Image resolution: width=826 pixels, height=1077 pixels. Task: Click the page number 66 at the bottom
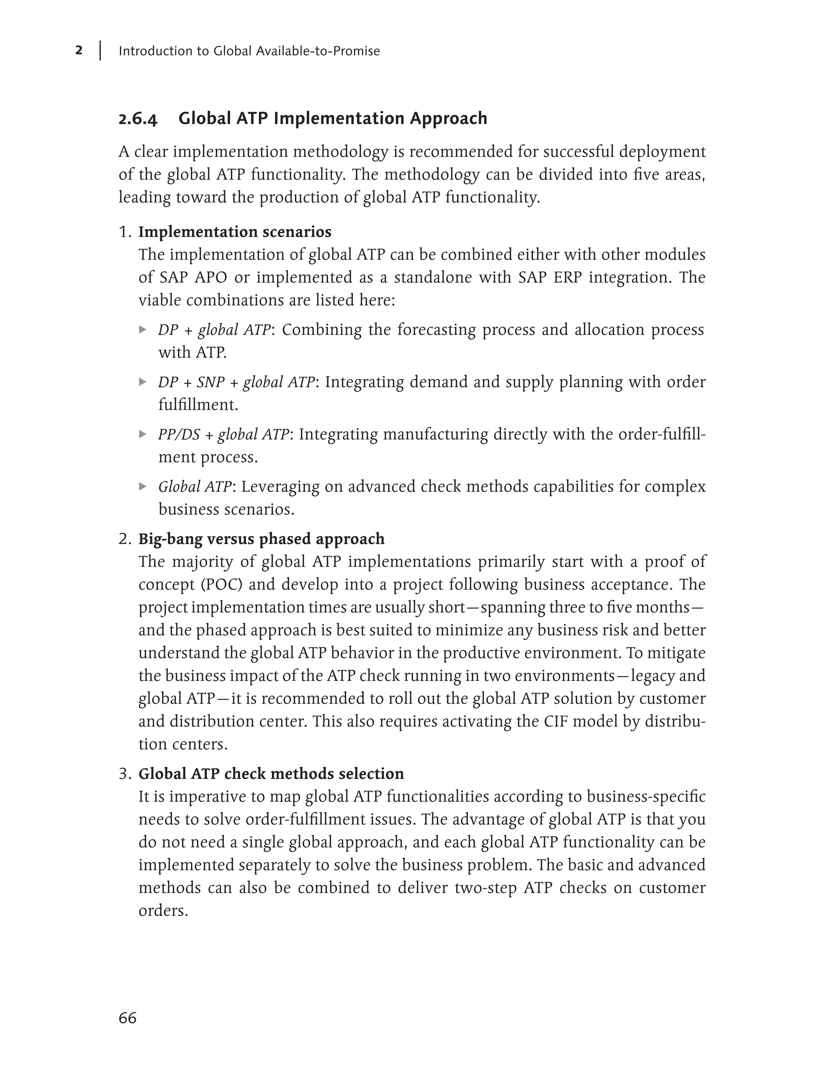(127, 1017)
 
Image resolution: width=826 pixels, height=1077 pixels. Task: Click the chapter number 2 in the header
(79, 50)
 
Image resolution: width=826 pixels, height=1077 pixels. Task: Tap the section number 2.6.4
(138, 119)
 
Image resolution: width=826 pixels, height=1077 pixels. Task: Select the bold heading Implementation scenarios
(235, 232)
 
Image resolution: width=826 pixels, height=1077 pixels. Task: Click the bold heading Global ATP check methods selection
(271, 774)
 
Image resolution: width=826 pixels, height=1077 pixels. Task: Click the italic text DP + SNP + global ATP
(236, 382)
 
